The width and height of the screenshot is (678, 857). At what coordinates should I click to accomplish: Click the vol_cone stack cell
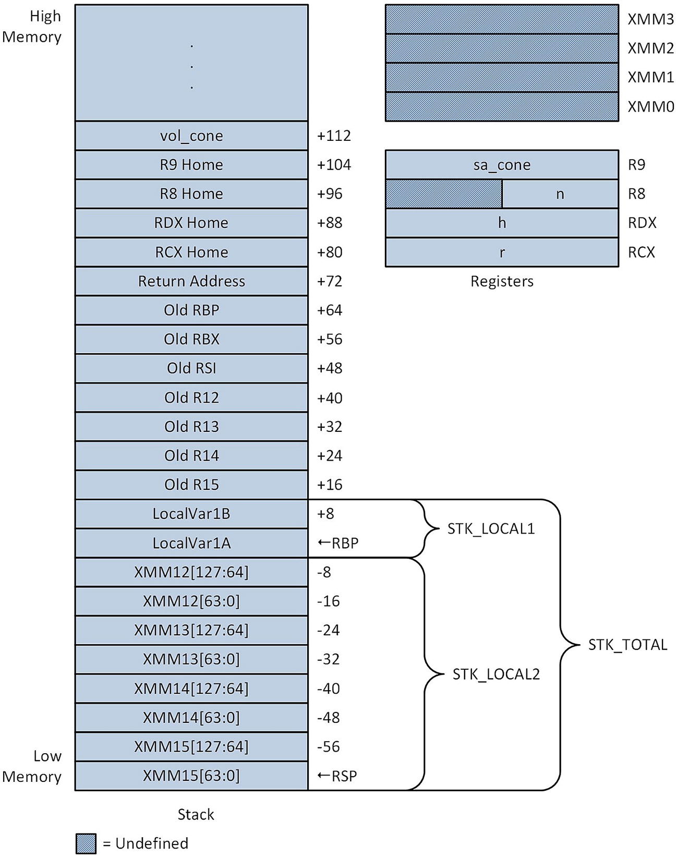191,136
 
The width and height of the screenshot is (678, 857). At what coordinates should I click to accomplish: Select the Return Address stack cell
191,281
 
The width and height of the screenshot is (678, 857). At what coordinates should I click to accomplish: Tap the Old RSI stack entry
191,368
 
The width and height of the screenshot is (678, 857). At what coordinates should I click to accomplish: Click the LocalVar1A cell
191,543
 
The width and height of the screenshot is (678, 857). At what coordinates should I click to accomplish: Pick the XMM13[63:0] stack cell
191,659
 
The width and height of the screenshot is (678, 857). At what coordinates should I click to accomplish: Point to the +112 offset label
334,136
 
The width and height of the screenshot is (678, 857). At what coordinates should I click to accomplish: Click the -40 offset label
328,689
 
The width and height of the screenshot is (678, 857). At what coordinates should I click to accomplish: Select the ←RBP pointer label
338,543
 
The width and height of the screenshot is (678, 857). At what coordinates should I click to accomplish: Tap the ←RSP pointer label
337,776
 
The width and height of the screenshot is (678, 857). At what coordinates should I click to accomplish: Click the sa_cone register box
502,165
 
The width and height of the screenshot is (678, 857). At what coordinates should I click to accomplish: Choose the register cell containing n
560,194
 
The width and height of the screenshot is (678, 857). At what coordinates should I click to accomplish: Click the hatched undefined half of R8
444,194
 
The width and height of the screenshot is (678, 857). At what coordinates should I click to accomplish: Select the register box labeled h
502,223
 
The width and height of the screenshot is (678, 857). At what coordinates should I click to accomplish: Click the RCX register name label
641,252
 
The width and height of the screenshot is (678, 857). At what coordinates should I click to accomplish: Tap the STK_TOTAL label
627,645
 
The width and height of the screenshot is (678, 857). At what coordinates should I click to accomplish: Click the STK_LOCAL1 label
491,529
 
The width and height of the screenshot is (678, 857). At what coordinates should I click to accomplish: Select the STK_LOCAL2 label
495,674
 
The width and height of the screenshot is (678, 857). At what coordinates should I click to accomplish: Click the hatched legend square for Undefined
86,843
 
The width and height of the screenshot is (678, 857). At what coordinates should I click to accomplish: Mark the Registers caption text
502,281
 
